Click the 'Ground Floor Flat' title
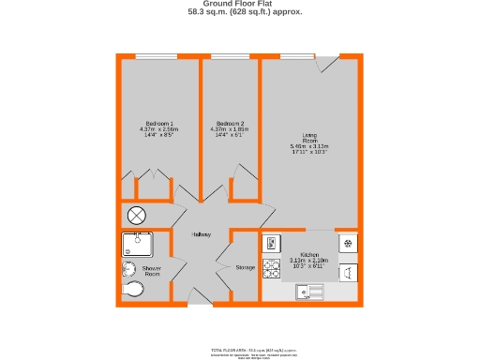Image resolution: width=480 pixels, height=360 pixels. (239, 4)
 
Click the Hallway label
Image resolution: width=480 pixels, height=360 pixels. (201, 234)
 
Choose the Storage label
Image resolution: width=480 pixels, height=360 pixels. (245, 268)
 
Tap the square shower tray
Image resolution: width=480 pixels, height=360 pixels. (136, 245)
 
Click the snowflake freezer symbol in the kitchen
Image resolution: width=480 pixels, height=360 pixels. (347, 243)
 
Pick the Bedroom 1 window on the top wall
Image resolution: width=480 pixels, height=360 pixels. (157, 57)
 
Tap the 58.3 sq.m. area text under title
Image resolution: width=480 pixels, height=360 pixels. (239, 13)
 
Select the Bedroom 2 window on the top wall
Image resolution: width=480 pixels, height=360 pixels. (230, 57)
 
